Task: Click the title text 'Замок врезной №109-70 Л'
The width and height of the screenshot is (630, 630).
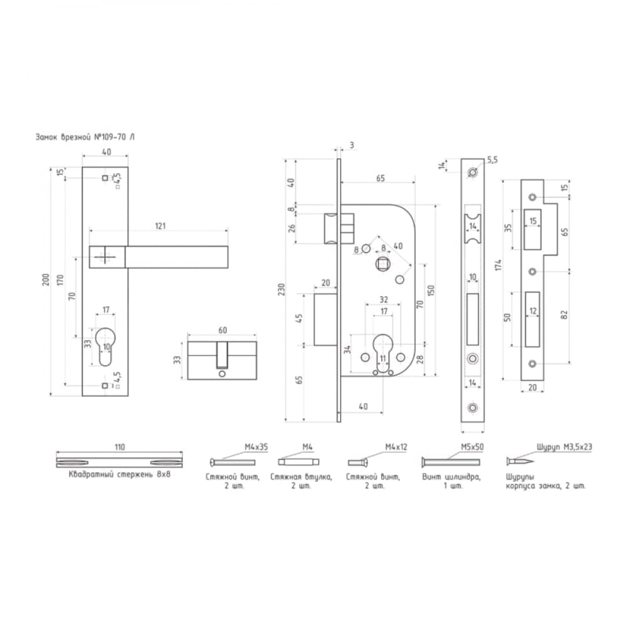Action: (85, 137)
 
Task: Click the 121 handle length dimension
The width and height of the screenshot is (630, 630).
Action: (160, 226)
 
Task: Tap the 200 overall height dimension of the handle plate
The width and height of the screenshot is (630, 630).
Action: (46, 280)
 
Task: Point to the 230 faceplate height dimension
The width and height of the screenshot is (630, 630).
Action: (281, 289)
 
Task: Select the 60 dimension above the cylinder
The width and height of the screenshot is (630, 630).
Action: (222, 330)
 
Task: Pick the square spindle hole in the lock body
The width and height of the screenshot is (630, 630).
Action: (381, 264)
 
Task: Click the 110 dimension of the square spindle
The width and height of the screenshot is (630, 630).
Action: (120, 447)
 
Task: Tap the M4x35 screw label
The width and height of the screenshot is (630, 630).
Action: (256, 447)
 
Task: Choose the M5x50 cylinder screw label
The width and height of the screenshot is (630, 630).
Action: (472, 447)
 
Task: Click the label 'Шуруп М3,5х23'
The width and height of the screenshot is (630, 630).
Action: (564, 447)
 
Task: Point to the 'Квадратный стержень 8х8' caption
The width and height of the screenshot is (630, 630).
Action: (120, 474)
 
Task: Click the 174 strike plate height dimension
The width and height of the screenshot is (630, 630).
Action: (498, 265)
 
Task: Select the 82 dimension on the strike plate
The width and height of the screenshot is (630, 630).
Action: (564, 314)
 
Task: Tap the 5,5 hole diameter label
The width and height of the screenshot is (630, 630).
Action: (493, 160)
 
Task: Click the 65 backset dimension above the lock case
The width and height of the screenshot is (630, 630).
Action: (380, 178)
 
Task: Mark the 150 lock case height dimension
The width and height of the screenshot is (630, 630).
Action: (431, 290)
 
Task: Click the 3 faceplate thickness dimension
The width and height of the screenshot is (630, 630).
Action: (352, 145)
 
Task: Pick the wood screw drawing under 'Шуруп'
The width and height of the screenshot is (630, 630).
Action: (520, 461)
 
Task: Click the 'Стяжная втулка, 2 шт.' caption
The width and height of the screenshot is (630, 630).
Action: (301, 481)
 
